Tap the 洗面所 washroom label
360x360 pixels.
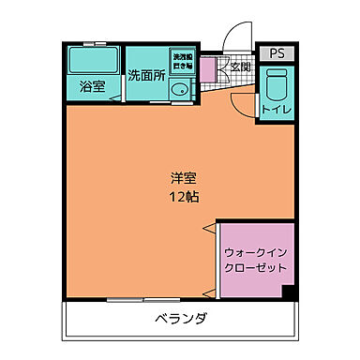147,74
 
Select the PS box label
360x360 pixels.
276,54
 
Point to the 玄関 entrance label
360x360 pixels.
240,67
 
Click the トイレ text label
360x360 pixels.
276,111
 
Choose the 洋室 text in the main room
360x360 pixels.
183,178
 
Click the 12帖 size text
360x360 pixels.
183,197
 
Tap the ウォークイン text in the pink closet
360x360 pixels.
256,251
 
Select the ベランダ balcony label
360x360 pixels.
180,318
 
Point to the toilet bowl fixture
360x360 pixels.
276,88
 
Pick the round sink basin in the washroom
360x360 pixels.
180,90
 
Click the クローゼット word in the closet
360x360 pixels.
256,267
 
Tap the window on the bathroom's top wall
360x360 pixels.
92,43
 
